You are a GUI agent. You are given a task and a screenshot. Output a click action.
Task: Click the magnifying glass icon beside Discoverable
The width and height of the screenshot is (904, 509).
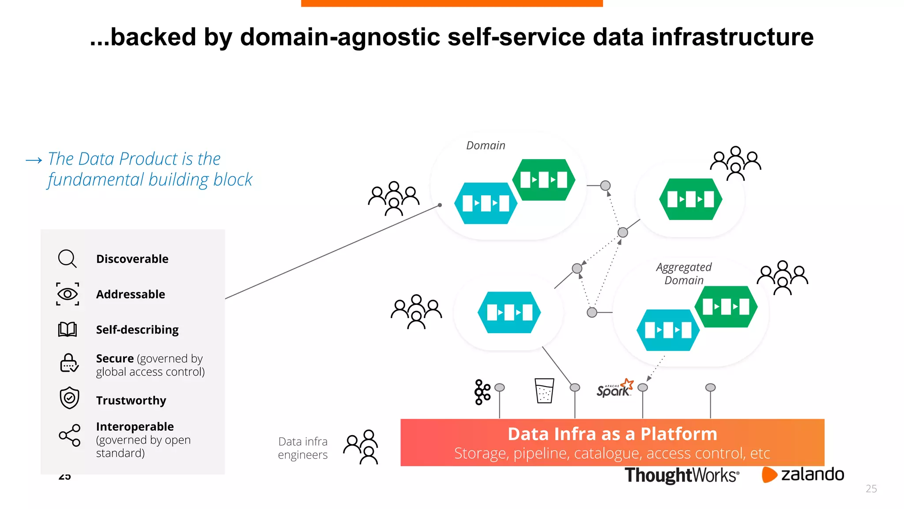tap(67, 258)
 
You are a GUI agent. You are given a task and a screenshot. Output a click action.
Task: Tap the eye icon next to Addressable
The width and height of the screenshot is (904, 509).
tap(68, 294)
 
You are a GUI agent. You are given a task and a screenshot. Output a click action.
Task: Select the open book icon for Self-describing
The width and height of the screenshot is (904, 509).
tap(68, 330)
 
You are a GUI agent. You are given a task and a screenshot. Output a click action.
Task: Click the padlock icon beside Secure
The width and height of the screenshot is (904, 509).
tap(69, 363)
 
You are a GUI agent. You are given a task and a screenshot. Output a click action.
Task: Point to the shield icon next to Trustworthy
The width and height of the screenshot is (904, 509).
tap(69, 398)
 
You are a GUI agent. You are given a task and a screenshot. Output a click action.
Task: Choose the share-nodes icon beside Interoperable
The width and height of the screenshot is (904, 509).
tap(70, 435)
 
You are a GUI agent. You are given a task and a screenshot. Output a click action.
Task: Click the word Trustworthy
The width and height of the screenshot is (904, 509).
tap(131, 400)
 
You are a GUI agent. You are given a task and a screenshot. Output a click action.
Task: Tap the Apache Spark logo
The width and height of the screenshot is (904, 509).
tap(614, 388)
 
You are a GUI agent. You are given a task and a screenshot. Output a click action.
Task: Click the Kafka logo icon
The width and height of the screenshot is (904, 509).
tap(482, 392)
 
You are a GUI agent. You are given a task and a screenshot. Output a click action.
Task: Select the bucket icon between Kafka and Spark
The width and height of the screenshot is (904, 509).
tap(544, 391)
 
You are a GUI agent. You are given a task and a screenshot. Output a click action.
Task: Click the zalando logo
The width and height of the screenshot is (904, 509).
tap(802, 475)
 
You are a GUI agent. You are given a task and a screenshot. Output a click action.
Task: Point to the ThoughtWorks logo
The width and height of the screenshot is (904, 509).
tap(682, 475)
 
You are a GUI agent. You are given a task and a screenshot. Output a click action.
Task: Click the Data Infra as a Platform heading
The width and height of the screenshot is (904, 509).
tap(612, 434)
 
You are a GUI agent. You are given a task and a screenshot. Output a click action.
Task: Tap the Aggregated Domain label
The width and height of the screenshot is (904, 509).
tap(684, 273)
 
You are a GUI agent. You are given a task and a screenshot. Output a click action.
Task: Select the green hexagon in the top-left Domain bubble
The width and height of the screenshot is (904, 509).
tap(544, 180)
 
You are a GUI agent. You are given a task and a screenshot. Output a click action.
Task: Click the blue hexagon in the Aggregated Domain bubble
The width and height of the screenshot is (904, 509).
tap(668, 330)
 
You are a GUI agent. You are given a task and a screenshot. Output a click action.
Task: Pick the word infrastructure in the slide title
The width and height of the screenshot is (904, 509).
tap(732, 37)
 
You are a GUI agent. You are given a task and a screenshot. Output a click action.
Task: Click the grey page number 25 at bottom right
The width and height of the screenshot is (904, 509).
tap(871, 489)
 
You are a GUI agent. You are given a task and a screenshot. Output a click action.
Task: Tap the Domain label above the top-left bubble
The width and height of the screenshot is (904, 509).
tap(486, 145)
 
